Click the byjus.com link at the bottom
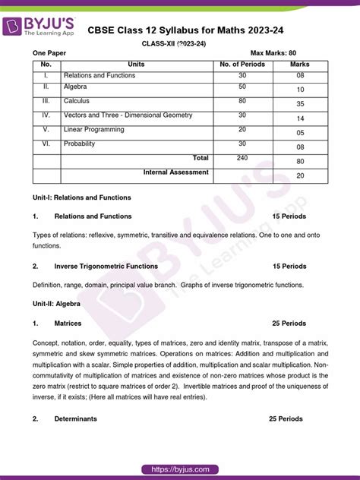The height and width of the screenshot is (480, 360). [180, 469]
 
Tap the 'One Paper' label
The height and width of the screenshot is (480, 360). [50, 53]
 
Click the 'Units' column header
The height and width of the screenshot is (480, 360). [137, 65]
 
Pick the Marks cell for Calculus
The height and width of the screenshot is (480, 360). [300, 103]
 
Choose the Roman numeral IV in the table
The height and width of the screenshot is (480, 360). [46, 115]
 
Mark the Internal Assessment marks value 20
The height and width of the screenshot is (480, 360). [300, 175]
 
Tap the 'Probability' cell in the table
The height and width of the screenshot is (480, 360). [81, 143]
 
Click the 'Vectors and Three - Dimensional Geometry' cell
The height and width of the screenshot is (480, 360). [128, 115]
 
